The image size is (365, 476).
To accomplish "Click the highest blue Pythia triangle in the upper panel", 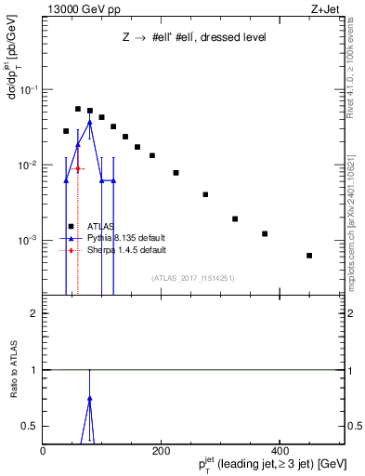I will click(89, 122).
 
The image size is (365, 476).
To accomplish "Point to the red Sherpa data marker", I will click(78, 168).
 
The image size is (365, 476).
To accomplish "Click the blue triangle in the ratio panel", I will click(89, 398).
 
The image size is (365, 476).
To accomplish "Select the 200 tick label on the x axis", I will click(161, 451).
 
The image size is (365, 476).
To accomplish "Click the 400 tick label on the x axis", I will click(279, 451).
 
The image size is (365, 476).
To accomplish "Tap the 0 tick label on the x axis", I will click(43, 451).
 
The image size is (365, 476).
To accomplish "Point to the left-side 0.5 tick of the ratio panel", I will click(33, 426).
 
